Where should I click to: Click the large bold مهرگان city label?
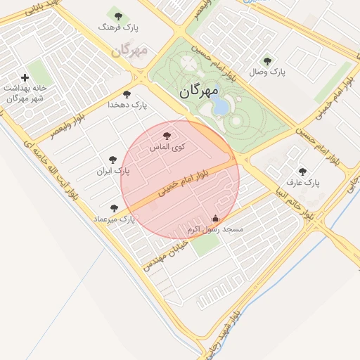tap(200, 91)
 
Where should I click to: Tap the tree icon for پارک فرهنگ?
tap(117, 15)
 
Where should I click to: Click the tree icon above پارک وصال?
tap(267, 61)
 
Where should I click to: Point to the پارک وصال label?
tap(267, 72)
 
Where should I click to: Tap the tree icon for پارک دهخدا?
tap(127, 94)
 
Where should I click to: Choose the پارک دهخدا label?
tap(127, 104)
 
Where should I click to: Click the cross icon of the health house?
tap(25, 77)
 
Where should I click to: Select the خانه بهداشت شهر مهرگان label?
tap(25, 93)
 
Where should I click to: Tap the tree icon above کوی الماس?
tap(167, 136)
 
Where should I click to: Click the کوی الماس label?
tap(167, 147)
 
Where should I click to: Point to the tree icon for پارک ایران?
tap(113, 160)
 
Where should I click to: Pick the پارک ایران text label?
tap(113, 171)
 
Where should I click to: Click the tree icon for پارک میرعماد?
tap(115, 208)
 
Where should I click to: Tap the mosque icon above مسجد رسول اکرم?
tap(215, 218)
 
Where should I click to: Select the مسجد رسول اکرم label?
tap(215, 230)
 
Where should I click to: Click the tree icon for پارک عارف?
tap(303, 171)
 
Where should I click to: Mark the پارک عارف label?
tap(303, 182)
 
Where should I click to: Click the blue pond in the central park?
tap(220, 105)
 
